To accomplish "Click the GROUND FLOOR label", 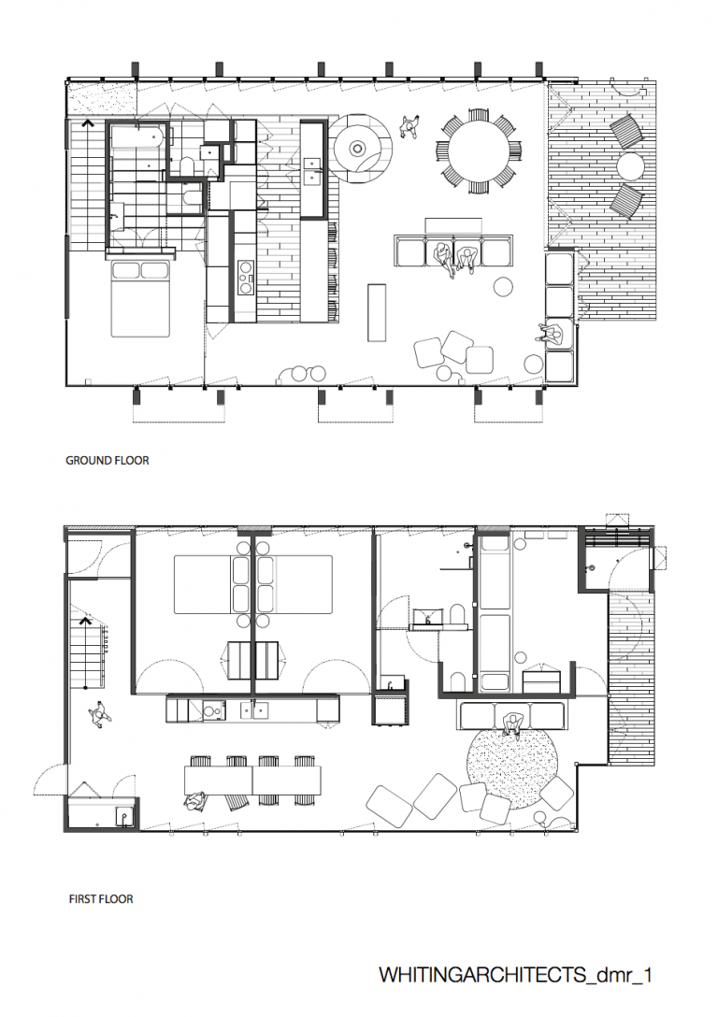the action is point(107,461).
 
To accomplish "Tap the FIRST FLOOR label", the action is point(101,899).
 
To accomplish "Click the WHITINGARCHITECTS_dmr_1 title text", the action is point(515,975).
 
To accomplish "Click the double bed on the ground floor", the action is point(140,297).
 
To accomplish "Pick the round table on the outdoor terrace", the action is point(630,166).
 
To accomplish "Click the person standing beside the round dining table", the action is point(409,126).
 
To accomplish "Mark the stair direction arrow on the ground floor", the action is point(88,123).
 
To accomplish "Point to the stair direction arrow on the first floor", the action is point(84,622).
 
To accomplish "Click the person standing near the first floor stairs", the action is point(99,713).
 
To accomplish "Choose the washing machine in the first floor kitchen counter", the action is point(212,710).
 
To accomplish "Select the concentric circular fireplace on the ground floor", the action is point(357,149).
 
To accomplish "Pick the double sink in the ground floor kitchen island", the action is point(312,170).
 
